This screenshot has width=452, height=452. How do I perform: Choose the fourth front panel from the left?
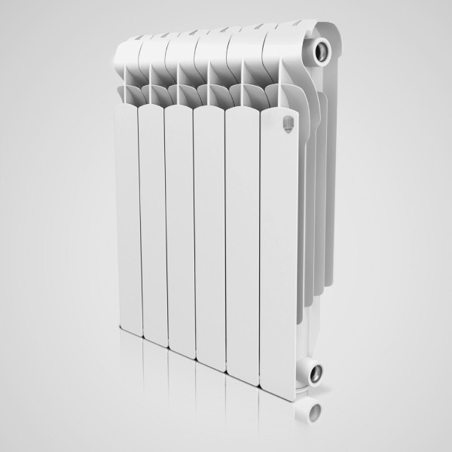point(209,234)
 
